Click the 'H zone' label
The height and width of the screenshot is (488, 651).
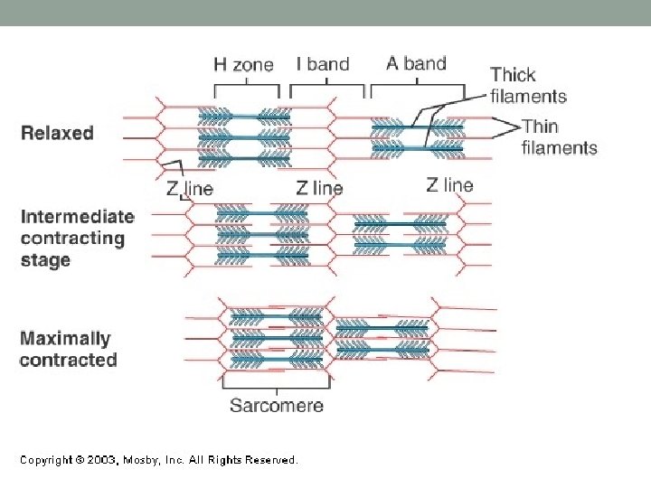point(243,64)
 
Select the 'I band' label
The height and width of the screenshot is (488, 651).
point(323,64)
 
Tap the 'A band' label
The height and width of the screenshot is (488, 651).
point(416,63)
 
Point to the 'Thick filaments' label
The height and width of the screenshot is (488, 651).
point(528,85)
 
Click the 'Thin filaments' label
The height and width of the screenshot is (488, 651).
point(559,136)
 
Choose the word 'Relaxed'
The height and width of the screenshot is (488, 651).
point(57,133)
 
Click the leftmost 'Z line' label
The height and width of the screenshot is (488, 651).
point(190,189)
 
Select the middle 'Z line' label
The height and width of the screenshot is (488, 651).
point(320,188)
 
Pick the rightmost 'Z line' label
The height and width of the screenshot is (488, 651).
point(449,185)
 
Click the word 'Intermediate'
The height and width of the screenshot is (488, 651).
point(77,217)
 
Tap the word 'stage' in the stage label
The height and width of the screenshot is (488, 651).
point(44,260)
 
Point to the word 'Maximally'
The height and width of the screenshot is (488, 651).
point(65,339)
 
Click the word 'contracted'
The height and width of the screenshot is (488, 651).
point(68,360)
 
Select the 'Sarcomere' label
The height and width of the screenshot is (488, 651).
point(276,405)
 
